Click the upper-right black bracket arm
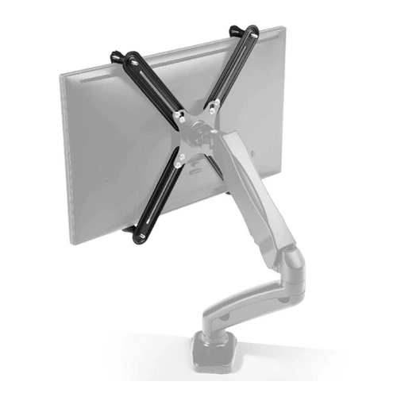(x=234, y=71)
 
